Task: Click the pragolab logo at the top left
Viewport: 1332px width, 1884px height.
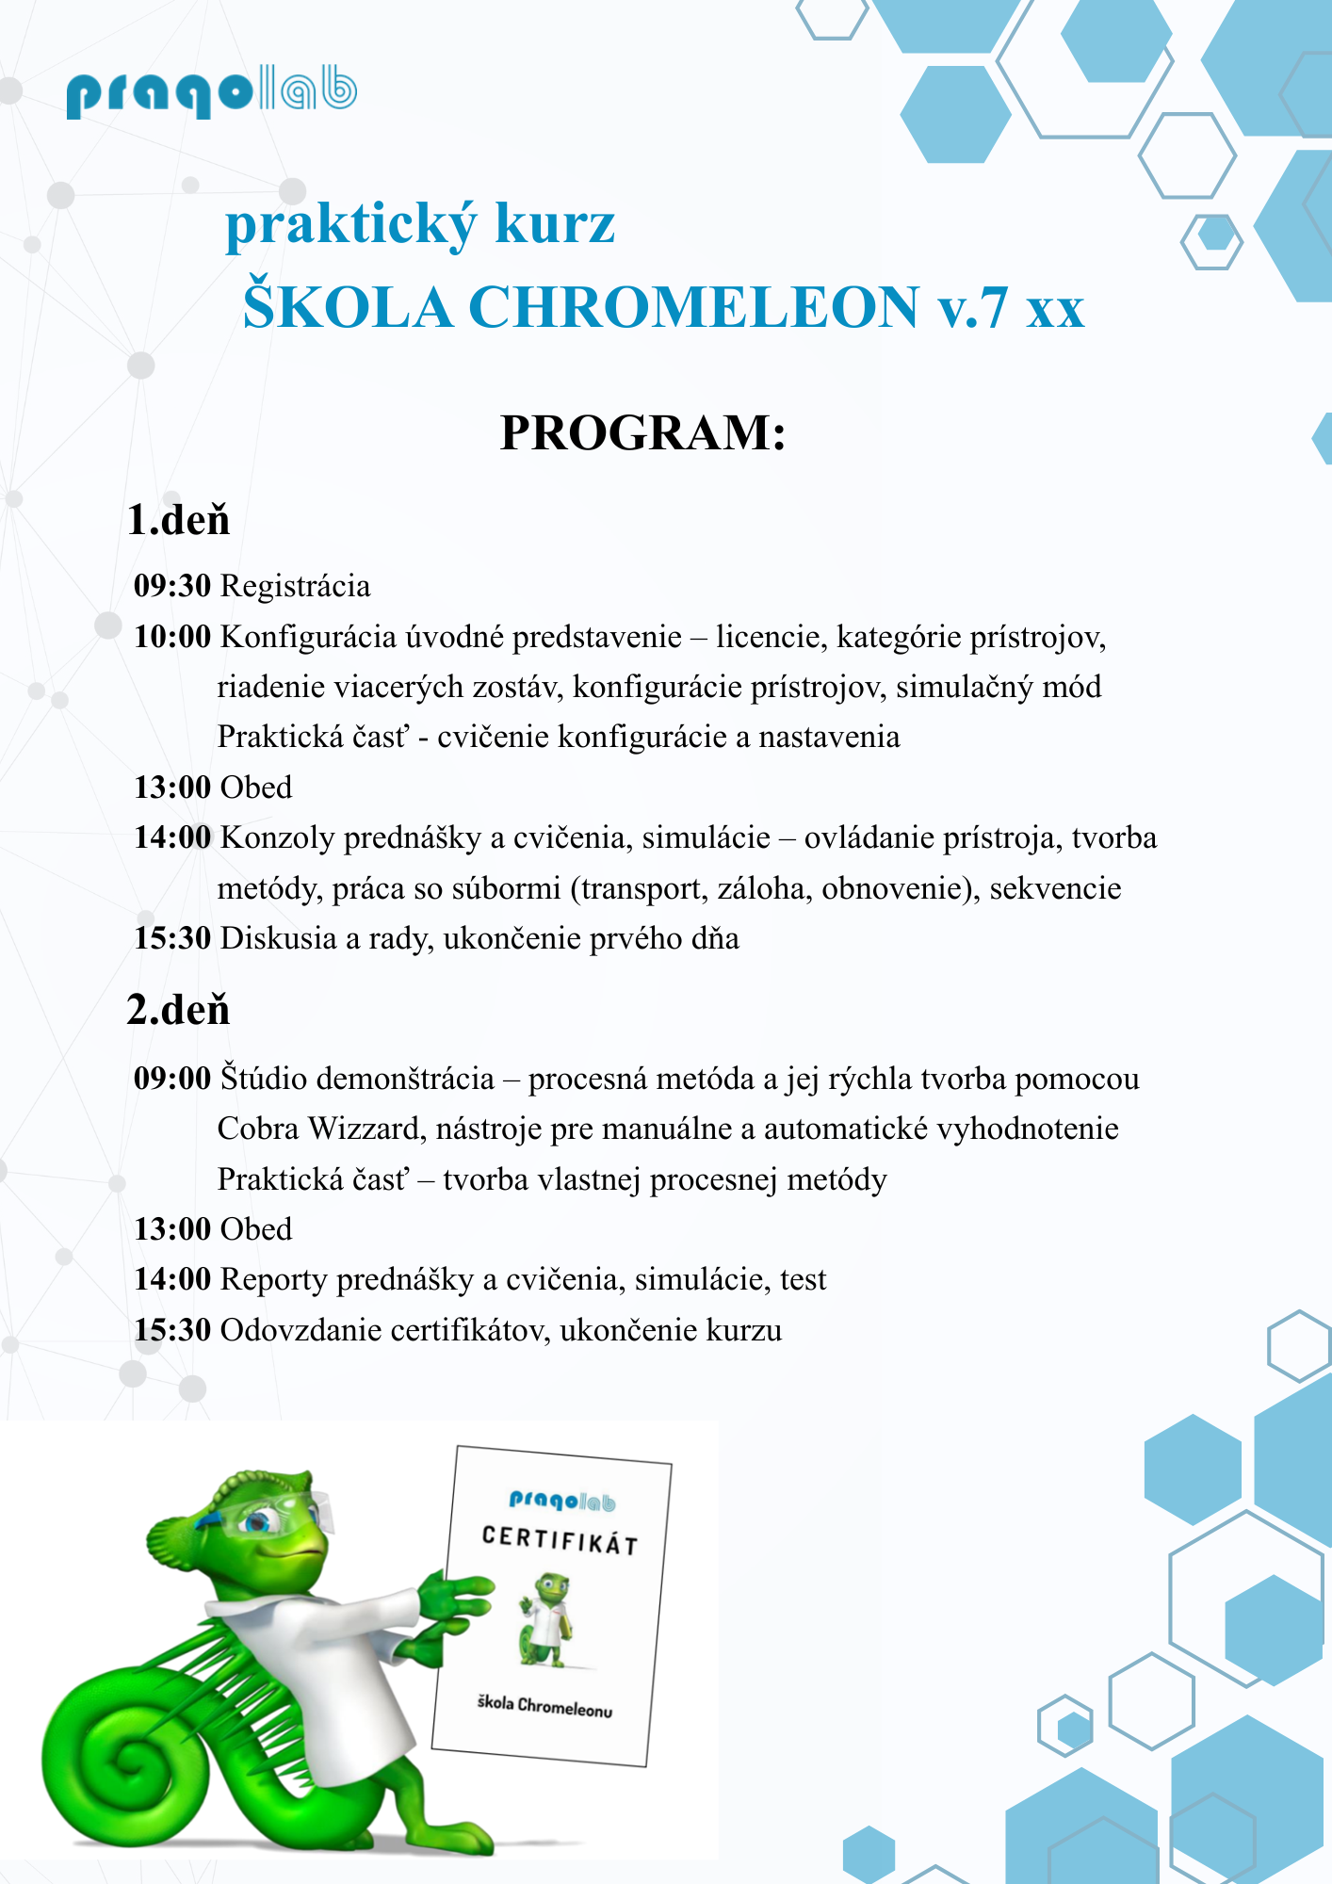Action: (x=211, y=92)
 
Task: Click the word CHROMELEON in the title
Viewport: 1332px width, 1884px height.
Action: (x=693, y=308)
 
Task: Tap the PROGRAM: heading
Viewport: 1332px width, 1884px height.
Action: (x=642, y=433)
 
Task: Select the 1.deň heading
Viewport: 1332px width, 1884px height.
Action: (x=178, y=520)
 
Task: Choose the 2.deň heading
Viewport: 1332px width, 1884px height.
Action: (x=178, y=1010)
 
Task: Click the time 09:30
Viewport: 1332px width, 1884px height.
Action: (x=172, y=586)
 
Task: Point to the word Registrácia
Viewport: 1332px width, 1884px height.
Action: (x=295, y=586)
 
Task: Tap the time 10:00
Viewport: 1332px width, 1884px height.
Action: (x=172, y=637)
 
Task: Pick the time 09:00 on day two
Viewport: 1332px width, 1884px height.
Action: (x=172, y=1078)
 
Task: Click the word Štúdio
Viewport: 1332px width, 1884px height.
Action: (x=264, y=1078)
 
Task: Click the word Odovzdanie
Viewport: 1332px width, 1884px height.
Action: (x=301, y=1330)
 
